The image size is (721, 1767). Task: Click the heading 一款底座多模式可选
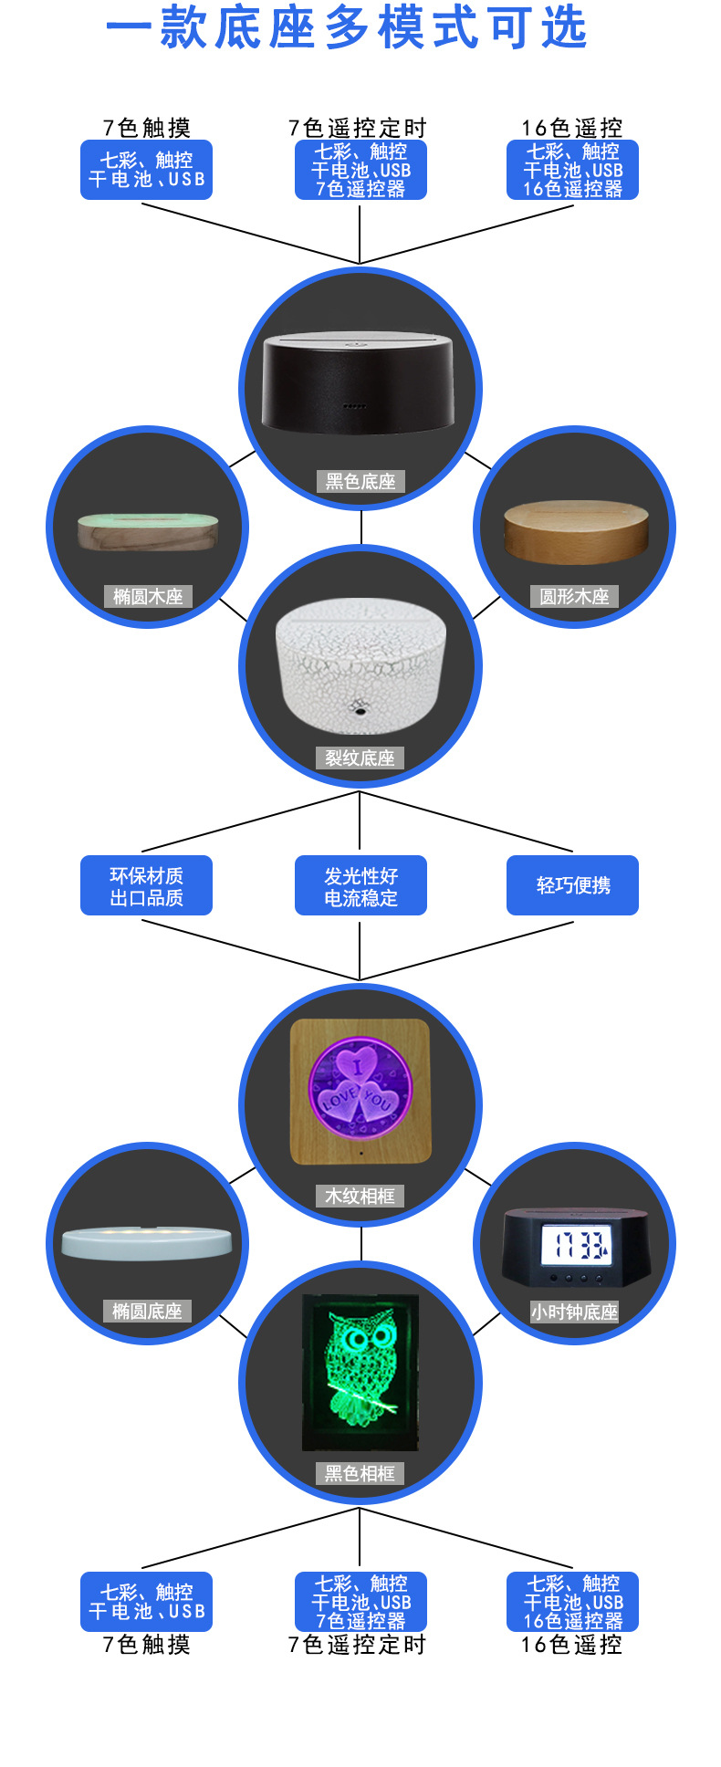click(347, 27)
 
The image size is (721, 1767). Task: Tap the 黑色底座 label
click(360, 481)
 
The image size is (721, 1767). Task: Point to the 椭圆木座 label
click(148, 597)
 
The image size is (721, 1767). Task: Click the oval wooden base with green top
click(149, 530)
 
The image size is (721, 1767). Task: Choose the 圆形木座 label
click(574, 597)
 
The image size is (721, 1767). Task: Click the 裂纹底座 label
click(360, 758)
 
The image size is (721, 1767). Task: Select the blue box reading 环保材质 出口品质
click(146, 885)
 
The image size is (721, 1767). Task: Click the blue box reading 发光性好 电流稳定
click(360, 885)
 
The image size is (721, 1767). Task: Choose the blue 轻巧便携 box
click(573, 885)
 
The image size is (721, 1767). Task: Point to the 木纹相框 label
click(360, 1196)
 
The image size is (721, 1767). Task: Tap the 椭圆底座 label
click(147, 1312)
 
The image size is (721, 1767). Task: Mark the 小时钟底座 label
click(574, 1312)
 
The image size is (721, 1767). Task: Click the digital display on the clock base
click(575, 1245)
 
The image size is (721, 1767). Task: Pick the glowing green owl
click(361, 1368)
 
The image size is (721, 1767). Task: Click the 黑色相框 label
click(360, 1473)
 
